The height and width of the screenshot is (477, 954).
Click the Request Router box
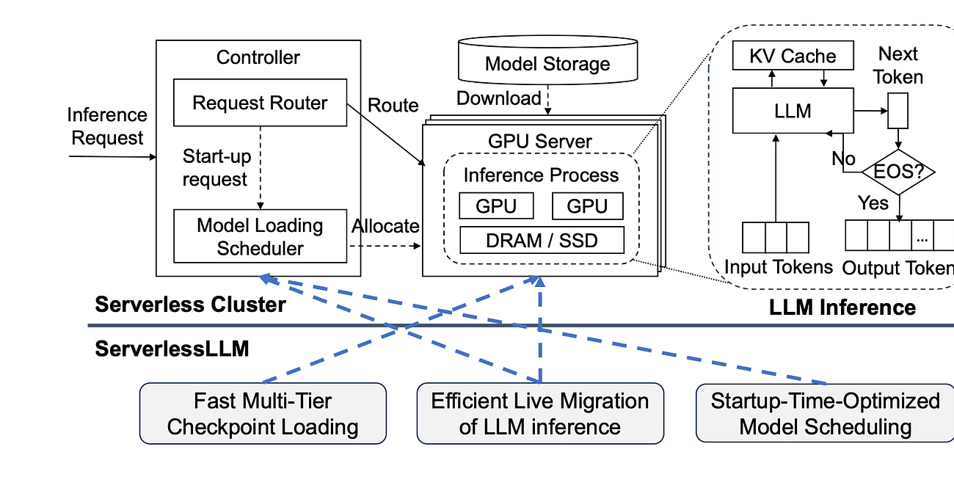[259, 103]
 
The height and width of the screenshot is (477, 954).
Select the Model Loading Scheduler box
[259, 236]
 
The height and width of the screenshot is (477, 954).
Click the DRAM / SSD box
[542, 240]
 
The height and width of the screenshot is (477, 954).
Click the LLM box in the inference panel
[793, 112]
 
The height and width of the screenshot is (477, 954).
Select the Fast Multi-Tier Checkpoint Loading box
[262, 413]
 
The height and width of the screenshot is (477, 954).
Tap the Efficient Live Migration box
[539, 413]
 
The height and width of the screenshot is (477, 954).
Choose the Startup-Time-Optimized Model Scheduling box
[824, 413]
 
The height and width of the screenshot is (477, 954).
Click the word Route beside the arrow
[393, 106]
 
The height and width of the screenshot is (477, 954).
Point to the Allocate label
[385, 226]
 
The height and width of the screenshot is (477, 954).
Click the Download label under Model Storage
[498, 98]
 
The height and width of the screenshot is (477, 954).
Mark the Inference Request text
[106, 126]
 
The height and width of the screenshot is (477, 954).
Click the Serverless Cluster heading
[190, 305]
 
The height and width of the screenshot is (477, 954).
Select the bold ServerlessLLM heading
[172, 349]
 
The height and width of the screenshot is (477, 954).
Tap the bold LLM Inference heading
[842, 307]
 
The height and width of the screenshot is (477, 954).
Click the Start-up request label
[215, 167]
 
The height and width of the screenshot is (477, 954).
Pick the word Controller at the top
[258, 57]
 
